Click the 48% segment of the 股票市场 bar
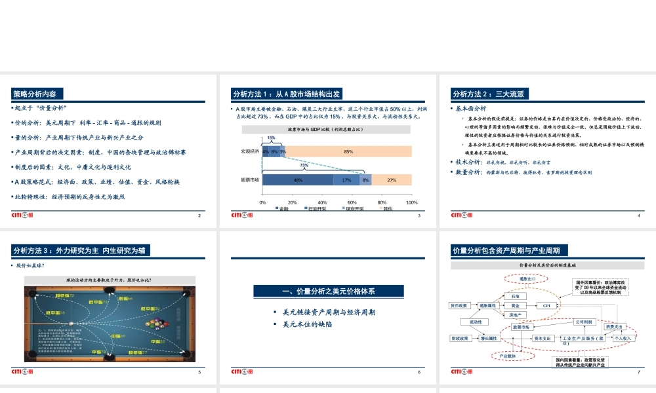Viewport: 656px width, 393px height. click(x=298, y=180)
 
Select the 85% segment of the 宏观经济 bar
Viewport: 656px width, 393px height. click(x=348, y=151)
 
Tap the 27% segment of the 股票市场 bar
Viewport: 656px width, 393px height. click(x=392, y=180)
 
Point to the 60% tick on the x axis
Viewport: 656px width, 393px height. click(x=352, y=202)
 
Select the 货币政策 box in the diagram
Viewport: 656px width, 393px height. click(x=459, y=305)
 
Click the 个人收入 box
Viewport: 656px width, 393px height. click(x=623, y=339)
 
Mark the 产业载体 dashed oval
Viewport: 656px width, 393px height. click(x=508, y=356)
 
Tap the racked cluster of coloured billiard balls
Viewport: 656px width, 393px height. click(x=157, y=323)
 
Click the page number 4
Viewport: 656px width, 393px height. click(x=638, y=215)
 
